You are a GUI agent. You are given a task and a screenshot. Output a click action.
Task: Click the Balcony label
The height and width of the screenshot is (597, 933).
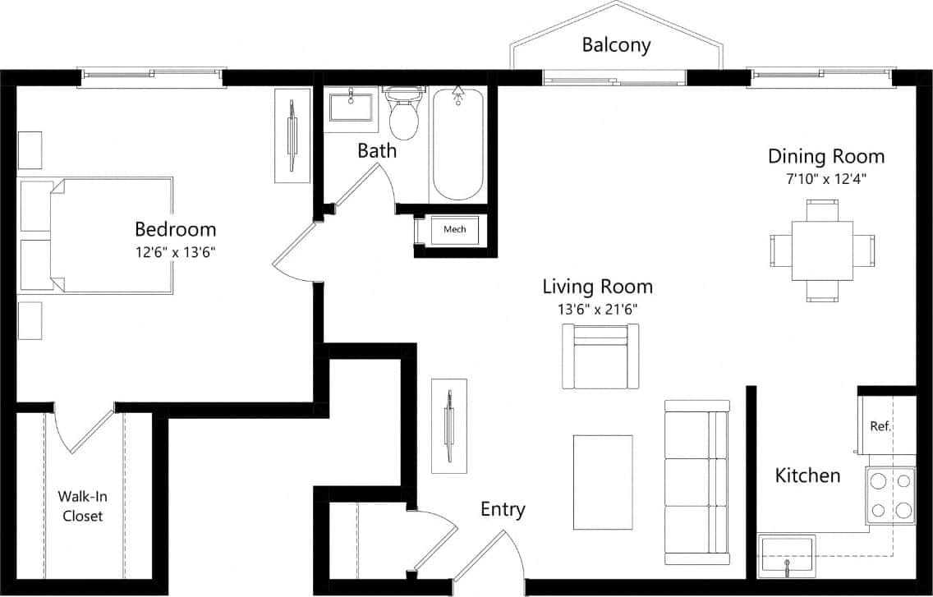pos(616,44)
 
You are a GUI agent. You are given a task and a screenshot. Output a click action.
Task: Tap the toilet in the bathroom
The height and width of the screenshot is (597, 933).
pos(403,116)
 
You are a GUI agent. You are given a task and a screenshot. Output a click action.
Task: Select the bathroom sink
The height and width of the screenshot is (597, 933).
pos(351,108)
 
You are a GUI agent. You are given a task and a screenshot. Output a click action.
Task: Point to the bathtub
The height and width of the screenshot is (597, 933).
pos(457,144)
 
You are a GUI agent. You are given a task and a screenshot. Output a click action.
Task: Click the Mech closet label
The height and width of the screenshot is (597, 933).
pos(454,229)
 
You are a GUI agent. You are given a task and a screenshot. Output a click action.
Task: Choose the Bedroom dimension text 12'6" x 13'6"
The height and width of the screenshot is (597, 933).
pos(175,252)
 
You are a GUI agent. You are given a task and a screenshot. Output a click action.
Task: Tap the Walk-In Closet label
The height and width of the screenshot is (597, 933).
pos(80,506)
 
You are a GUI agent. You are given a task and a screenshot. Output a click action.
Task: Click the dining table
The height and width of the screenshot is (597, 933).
pos(821,250)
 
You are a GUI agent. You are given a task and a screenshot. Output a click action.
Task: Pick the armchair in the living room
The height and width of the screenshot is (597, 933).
pos(600,356)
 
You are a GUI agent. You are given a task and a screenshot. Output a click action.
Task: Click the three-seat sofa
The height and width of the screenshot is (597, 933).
pos(696,482)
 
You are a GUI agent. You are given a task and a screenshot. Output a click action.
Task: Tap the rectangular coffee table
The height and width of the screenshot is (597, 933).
pos(602,482)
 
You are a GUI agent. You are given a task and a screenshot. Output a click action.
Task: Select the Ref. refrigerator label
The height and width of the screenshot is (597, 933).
pos(880,426)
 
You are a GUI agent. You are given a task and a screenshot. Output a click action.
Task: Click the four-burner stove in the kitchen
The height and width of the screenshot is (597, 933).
pos(890,495)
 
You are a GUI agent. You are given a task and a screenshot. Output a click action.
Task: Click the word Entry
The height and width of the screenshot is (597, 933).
pos(503,510)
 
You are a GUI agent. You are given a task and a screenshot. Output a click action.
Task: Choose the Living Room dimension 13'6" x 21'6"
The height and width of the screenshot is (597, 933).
pos(597,310)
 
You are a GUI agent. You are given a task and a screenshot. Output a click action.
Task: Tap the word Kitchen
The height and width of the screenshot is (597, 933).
pos(808,475)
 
